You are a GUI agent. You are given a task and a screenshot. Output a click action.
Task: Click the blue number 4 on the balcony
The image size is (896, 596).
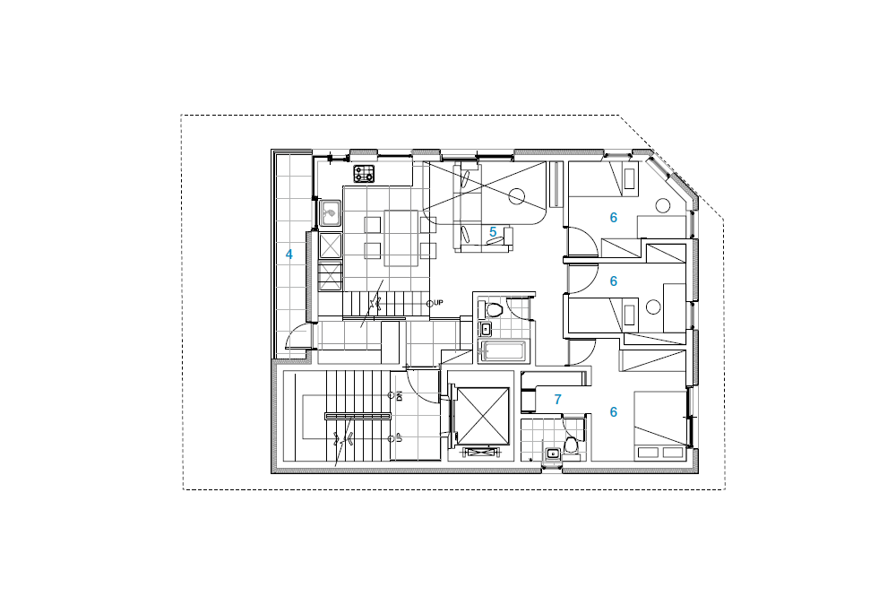pyautogui.click(x=289, y=255)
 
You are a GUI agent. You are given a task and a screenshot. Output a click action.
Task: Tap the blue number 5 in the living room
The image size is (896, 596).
pyautogui.click(x=493, y=232)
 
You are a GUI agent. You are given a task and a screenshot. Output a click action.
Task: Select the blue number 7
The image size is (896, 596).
pyautogui.click(x=557, y=400)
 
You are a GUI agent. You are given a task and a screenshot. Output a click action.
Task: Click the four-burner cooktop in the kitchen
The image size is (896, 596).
pyautogui.click(x=364, y=174)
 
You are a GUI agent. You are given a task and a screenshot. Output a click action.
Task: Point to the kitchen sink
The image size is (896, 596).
pyautogui.click(x=330, y=213)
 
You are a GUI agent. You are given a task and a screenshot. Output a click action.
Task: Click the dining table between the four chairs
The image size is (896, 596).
pyautogui.click(x=401, y=238)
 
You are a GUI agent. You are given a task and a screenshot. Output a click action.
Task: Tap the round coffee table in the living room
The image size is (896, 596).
pyautogui.click(x=517, y=196)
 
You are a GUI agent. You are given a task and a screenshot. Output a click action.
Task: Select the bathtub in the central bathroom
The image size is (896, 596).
pyautogui.click(x=504, y=350)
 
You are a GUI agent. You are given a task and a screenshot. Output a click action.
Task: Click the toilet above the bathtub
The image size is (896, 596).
pyautogui.click(x=493, y=310)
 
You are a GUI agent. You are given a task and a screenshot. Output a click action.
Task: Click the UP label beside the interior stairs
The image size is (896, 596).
pyautogui.click(x=438, y=303)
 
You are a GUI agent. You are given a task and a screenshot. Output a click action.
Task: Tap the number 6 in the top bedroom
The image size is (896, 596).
pyautogui.click(x=613, y=218)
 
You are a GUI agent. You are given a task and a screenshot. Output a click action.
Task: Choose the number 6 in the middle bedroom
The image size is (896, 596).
pyautogui.click(x=613, y=281)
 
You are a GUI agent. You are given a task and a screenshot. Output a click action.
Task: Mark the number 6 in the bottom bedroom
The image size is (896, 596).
pyautogui.click(x=613, y=412)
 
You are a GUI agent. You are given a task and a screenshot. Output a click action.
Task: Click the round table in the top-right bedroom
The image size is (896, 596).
pyautogui.click(x=663, y=205)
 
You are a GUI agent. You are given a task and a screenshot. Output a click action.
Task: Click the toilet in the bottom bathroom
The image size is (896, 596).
pyautogui.click(x=571, y=445)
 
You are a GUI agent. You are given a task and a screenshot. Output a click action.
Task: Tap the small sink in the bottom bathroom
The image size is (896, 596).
pyautogui.click(x=552, y=453)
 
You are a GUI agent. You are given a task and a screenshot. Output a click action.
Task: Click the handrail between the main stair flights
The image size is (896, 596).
pyautogui.click(x=358, y=417)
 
